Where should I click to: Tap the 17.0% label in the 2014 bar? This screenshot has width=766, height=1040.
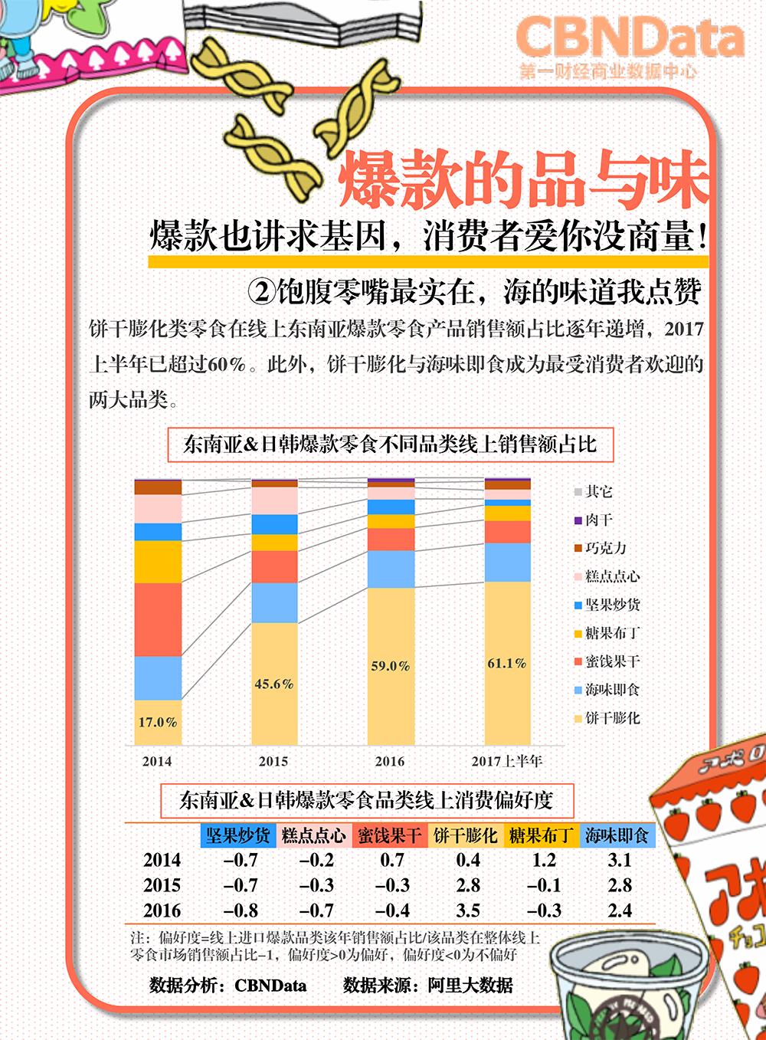158,722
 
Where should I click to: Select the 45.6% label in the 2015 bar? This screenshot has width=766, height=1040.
274,684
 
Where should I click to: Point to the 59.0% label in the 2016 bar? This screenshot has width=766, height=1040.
391,666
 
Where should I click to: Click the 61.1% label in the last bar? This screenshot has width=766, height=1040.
507,663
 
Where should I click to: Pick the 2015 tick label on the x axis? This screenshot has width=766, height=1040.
273,761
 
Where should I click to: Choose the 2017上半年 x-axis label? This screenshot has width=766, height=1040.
507,761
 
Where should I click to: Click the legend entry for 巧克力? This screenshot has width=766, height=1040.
605,548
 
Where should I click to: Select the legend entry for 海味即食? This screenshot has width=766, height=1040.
611,690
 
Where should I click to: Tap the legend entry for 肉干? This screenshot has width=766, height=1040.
598,520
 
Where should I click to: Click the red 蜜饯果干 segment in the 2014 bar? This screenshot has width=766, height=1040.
158,619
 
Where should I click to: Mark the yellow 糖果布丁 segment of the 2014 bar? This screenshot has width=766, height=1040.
158,562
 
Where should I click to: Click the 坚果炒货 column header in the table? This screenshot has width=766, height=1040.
237,835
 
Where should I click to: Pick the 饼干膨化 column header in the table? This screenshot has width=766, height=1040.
466,835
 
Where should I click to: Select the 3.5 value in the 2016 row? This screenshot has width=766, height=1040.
468,910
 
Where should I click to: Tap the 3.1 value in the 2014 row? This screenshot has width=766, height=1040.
619,860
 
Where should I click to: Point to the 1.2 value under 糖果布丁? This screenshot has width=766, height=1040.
543,860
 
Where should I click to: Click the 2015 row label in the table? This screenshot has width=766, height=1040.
162,885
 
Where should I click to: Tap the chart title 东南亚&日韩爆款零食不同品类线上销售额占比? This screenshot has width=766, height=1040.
390,445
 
